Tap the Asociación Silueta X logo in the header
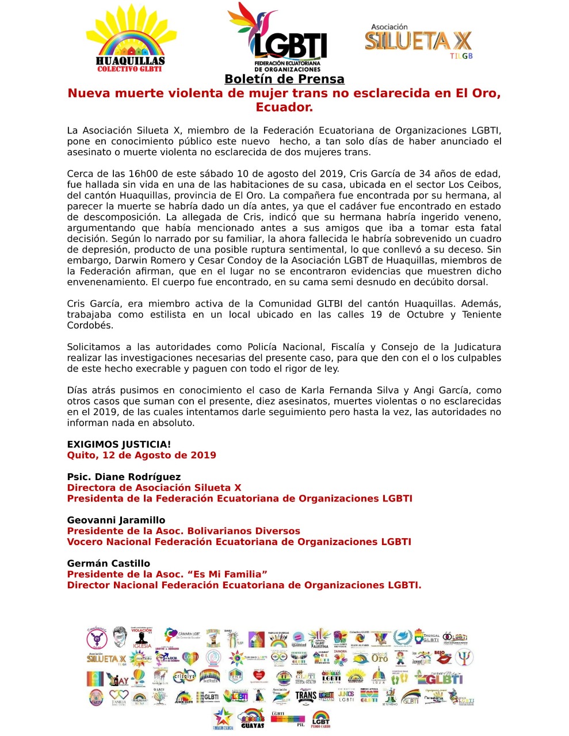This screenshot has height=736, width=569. pos(418,41)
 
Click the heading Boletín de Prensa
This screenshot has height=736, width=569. pos(284,79)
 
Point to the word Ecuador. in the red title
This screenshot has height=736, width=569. pos(284,108)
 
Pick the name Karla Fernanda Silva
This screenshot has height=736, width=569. pos(349,390)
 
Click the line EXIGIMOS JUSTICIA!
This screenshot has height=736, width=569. pos(119,444)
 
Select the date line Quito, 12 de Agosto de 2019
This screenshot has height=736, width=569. pos(142,455)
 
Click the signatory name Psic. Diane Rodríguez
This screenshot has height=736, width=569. pos(124,477)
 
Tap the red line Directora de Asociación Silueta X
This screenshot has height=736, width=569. pos(154,488)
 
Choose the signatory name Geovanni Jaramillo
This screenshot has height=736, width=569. pos(116,520)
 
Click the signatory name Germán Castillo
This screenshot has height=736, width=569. pos(109,563)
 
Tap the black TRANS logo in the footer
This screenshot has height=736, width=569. pos(305,696)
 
